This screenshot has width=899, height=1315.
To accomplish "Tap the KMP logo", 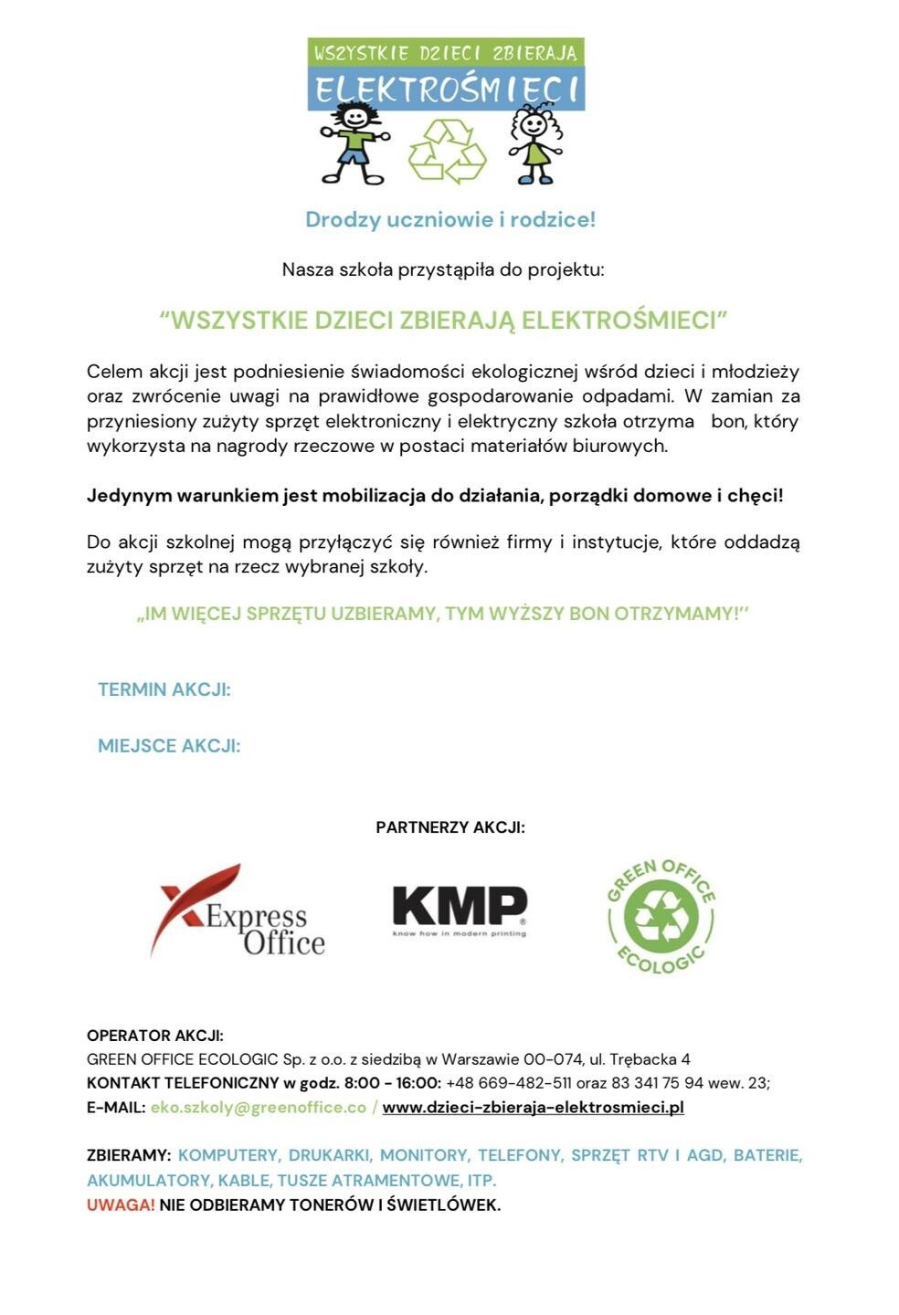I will click(x=460, y=910).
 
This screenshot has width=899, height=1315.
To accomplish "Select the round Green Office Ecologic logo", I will click(x=661, y=916).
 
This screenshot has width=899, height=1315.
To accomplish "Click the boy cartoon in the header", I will click(x=354, y=142).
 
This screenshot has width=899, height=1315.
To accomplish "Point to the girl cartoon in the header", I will click(x=534, y=143).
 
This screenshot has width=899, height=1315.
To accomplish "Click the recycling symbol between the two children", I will click(x=447, y=150).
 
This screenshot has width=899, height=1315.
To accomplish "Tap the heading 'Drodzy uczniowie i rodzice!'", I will click(x=449, y=219).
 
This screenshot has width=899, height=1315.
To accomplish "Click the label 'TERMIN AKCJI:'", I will click(x=164, y=689).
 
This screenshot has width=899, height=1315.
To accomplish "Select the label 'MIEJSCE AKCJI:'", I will click(x=169, y=746).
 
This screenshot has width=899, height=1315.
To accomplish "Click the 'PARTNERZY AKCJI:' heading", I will click(x=450, y=827).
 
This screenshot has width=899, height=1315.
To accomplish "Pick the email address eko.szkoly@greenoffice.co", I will click(x=259, y=1107).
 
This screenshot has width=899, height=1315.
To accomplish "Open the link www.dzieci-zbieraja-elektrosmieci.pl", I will click(x=533, y=1107).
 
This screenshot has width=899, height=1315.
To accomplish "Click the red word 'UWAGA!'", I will click(x=121, y=1205).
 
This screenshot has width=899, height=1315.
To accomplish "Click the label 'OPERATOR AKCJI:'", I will click(x=155, y=1036).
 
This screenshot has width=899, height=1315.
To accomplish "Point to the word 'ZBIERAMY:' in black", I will click(x=129, y=1155).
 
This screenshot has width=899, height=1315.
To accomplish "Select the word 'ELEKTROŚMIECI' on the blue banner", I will click(x=446, y=90).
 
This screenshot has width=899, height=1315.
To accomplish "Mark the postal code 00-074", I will click(x=548, y=1059).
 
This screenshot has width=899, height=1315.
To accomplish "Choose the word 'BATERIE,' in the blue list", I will click(x=767, y=1155).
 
